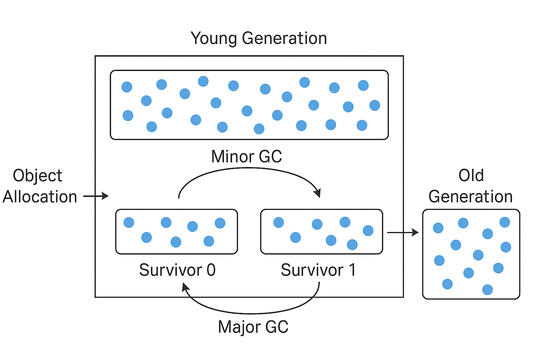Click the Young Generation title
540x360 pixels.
point(259,38)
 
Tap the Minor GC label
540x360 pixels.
point(246,157)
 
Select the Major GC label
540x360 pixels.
point(253,327)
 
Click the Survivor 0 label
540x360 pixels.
point(177,270)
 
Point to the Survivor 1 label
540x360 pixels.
point(318,270)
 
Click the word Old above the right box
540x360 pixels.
point(471,175)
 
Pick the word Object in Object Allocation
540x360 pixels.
point(38,176)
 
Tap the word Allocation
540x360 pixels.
point(40,197)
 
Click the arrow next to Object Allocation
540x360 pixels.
point(96,196)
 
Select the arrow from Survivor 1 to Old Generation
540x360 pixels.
point(403,232)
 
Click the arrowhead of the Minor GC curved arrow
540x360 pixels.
point(317,193)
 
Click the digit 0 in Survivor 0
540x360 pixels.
point(211,270)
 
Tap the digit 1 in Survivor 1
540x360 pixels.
point(352,270)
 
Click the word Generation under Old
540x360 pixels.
point(470,197)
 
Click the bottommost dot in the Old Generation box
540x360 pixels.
point(487,290)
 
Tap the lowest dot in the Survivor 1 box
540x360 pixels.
point(352,244)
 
